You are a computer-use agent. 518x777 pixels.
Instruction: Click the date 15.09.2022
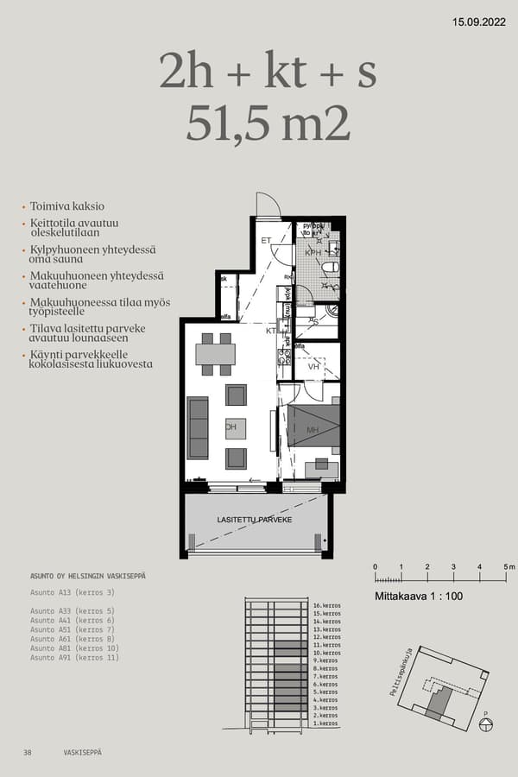[x=478, y=22]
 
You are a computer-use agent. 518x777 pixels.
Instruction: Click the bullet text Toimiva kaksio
[x=66, y=206]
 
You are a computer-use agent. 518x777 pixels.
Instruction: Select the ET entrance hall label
[x=266, y=240]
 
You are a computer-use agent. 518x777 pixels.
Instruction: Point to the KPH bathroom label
[x=313, y=253]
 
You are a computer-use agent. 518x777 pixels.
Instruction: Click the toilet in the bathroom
[x=331, y=268]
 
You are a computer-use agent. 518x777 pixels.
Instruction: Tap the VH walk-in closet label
[x=313, y=366]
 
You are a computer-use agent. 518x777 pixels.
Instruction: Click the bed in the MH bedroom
[x=313, y=425]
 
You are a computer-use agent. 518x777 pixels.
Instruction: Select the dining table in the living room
[x=215, y=354]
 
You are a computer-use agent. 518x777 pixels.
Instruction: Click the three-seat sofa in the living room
[x=198, y=427]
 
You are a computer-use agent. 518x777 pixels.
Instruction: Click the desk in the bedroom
[x=321, y=469]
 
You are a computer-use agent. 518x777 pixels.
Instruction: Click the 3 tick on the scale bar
[x=453, y=567]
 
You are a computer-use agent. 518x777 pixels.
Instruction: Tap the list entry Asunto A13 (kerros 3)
[x=73, y=592]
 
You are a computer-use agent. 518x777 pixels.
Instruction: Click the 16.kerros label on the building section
[x=327, y=606]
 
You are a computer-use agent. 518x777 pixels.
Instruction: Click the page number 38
[x=28, y=753]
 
